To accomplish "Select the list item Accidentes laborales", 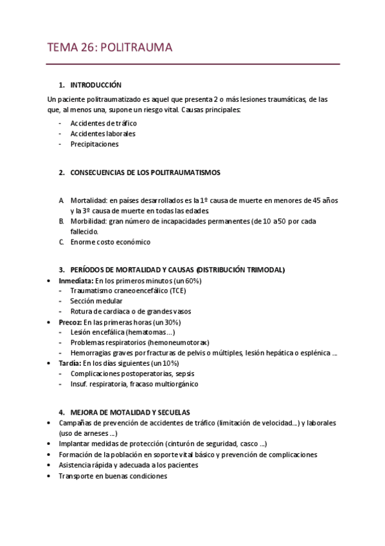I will click(103, 134).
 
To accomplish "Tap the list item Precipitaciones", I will click(94, 144).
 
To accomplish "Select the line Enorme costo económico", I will click(110, 242).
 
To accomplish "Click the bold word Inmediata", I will click(75, 281).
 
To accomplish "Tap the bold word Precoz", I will click(70, 322).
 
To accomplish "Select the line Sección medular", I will click(96, 301).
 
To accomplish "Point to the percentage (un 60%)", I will click(186, 281).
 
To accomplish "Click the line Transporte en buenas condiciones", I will click(112, 476).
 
